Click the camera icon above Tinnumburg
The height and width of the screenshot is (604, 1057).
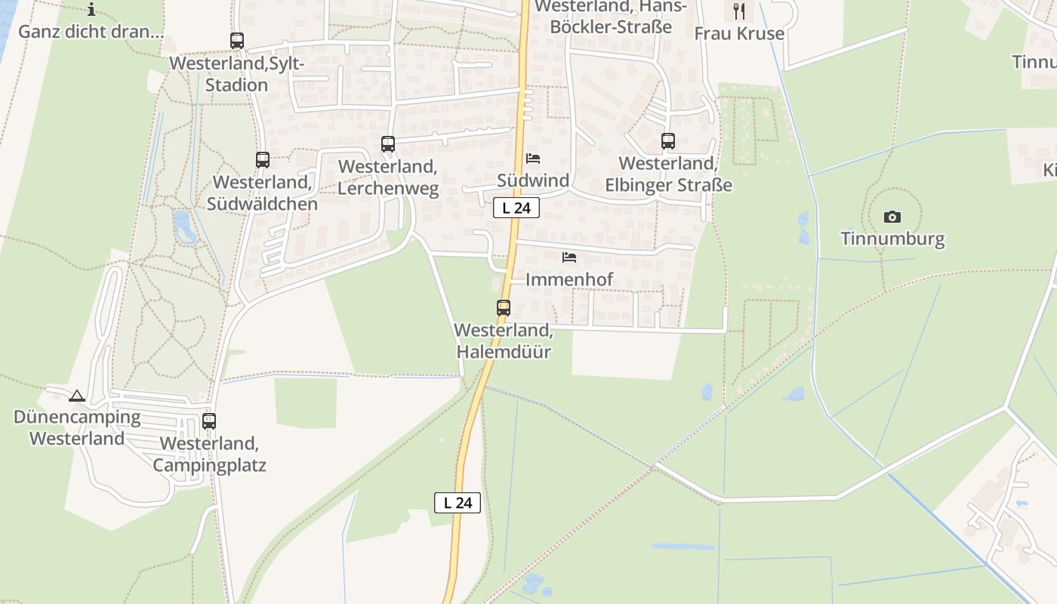click(x=892, y=217)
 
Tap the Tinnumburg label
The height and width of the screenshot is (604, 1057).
click(x=892, y=239)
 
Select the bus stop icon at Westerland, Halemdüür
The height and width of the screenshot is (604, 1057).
click(x=504, y=308)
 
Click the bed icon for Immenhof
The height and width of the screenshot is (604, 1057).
click(x=569, y=258)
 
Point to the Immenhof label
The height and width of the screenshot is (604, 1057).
click(x=569, y=280)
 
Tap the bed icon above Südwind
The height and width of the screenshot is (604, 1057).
click(x=533, y=159)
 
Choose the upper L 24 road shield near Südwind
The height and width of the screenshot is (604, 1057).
click(x=516, y=208)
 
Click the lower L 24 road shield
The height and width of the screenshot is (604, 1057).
click(x=458, y=503)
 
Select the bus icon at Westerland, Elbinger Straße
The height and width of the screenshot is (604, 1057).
click(x=668, y=141)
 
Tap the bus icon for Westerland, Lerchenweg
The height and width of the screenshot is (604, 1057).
click(x=388, y=144)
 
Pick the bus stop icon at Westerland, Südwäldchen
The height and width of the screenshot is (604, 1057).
click(x=263, y=160)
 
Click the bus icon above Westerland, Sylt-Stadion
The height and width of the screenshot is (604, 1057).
click(x=237, y=41)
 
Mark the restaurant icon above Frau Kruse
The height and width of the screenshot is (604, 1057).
click(x=739, y=11)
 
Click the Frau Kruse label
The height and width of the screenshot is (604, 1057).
click(x=739, y=34)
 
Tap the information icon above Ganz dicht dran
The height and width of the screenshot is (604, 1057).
click(x=91, y=10)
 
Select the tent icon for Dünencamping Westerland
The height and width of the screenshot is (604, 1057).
click(x=77, y=396)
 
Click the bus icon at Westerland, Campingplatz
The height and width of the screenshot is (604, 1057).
click(x=209, y=421)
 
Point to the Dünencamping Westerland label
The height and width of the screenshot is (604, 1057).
click(x=77, y=427)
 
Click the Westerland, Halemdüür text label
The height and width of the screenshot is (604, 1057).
click(x=504, y=341)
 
